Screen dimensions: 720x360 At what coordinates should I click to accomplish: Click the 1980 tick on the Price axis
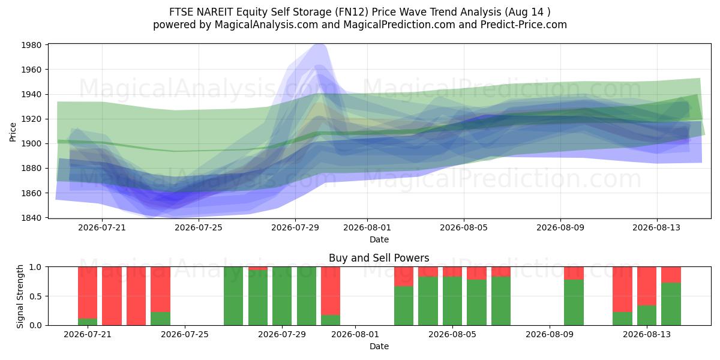(31, 45)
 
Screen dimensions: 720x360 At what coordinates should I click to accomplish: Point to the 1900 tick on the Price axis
(31, 143)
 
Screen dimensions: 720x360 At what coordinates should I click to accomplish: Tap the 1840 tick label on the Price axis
(31, 218)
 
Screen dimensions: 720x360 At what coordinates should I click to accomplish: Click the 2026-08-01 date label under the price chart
(367, 227)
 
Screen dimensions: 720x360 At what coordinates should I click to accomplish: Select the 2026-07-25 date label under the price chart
(199, 227)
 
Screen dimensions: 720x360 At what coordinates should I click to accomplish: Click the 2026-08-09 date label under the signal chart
(550, 335)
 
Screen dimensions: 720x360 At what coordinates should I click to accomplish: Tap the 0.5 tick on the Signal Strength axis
(35, 296)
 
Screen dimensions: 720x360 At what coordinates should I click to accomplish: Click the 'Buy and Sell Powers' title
(379, 258)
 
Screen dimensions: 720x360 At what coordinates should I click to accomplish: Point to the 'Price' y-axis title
(13, 132)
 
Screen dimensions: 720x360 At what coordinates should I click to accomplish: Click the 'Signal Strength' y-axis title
(20, 296)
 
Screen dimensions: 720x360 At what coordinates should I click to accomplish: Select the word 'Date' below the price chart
(379, 239)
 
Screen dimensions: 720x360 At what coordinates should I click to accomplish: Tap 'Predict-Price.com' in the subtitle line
(524, 25)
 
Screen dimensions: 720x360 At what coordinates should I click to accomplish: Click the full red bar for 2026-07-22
(112, 296)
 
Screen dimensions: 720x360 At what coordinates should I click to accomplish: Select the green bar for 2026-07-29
(282, 296)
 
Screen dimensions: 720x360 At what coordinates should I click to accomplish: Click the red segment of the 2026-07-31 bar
(331, 291)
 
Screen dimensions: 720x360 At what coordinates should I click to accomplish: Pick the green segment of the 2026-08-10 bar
(574, 302)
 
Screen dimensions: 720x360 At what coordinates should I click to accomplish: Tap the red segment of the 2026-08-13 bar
(647, 286)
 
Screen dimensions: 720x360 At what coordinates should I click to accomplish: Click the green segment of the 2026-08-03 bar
(404, 305)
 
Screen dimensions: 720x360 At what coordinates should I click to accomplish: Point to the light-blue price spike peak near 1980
(319, 44)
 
